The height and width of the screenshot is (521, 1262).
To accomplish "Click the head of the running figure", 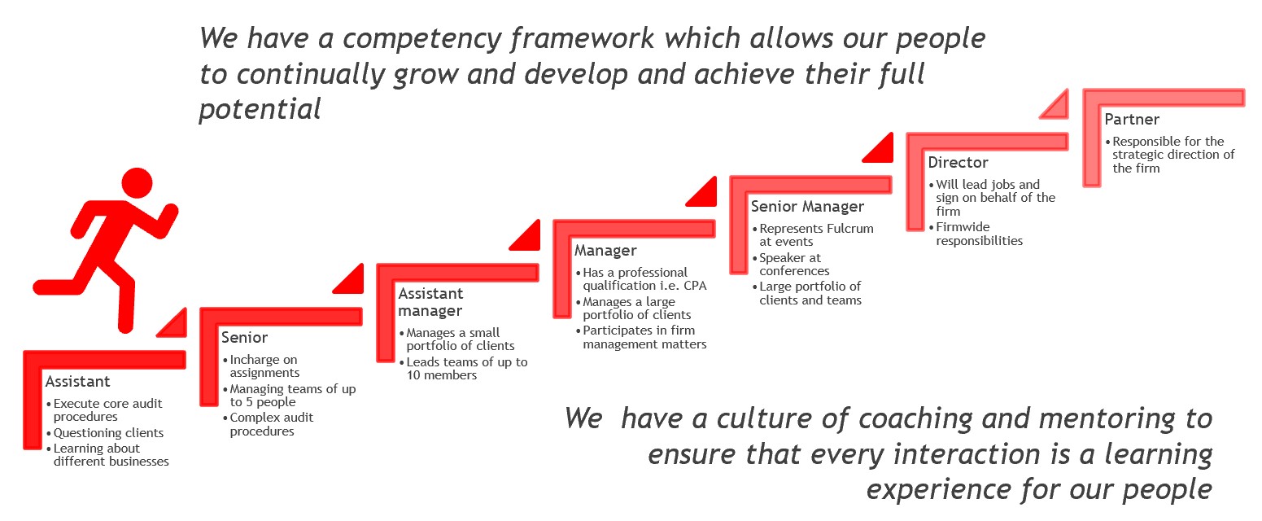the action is point(137,182).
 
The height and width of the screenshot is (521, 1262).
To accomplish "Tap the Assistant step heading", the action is point(78,382).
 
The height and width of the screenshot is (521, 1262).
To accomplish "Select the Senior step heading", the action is point(245,338).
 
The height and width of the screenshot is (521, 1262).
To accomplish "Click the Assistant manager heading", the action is point(431,302).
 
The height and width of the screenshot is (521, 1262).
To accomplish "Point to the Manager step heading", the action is point(605,251).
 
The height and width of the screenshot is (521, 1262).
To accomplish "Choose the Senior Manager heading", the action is point(807,207).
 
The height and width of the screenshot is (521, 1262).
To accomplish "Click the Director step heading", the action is point(958,163).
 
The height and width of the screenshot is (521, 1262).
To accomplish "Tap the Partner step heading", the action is point(1132,120).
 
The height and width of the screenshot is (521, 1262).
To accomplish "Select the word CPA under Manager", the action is point(695,286).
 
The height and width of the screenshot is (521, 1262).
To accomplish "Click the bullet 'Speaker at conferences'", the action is point(791,265).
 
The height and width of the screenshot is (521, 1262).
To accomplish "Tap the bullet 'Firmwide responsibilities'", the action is point(976,234).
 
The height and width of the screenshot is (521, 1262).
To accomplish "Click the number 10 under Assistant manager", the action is point(413,375).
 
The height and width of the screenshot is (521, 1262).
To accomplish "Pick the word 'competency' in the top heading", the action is point(422,39).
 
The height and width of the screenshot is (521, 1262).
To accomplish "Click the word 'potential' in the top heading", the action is point(260,109).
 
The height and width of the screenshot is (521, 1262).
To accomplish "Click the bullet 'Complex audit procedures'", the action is point(269,425).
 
